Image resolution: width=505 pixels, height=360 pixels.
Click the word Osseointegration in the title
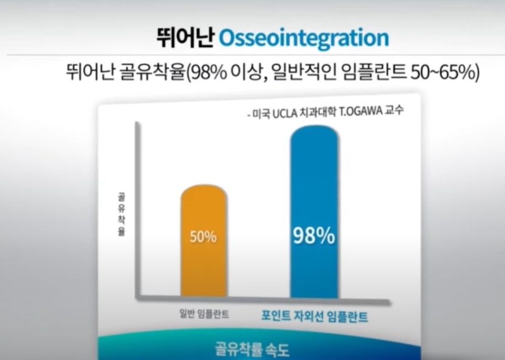(303, 38)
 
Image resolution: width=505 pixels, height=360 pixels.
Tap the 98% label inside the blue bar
(314, 236)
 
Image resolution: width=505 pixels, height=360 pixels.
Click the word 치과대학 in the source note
(320, 112)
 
